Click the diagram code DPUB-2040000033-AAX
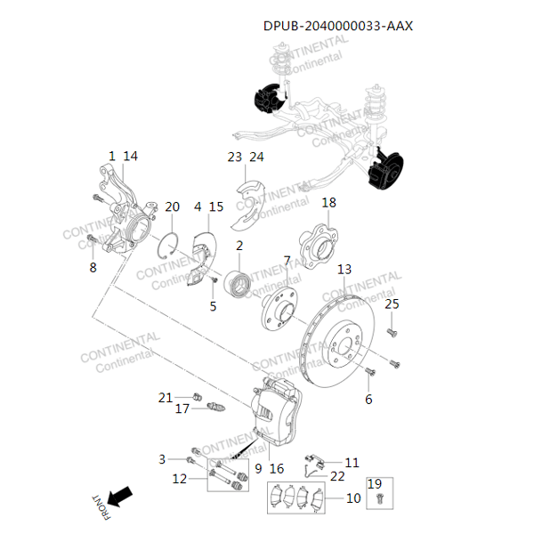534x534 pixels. (338, 26)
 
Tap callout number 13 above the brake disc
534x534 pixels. (344, 270)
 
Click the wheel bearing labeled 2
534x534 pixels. (238, 283)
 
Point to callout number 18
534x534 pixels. (328, 203)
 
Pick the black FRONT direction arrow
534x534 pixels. (120, 497)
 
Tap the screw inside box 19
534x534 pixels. (380, 499)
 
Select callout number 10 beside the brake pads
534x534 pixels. (353, 498)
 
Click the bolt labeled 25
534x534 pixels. (392, 332)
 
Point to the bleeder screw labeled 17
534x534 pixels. (216, 407)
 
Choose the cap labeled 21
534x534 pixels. (198, 397)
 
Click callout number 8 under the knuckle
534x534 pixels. (93, 267)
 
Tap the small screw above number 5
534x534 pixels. (214, 279)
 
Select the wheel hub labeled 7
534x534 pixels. (279, 307)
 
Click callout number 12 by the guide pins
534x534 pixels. (180, 479)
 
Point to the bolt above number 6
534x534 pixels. (370, 371)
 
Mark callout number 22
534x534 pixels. (337, 476)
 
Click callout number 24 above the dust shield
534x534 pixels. (256, 157)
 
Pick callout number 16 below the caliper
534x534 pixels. (277, 469)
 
